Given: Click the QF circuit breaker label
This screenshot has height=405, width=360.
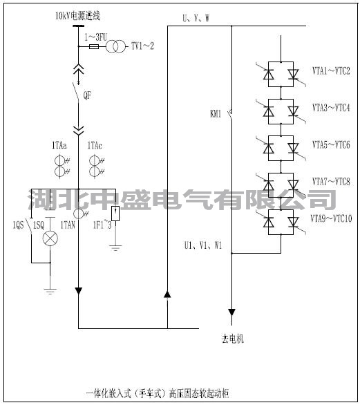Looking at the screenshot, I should click(x=88, y=97).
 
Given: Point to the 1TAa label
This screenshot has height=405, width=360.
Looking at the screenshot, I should click(x=59, y=147).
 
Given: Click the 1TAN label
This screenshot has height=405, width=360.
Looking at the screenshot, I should click(x=68, y=226).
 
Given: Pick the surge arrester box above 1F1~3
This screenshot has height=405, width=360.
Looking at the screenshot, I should click(x=115, y=214).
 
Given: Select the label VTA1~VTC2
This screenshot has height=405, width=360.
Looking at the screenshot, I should click(x=331, y=70).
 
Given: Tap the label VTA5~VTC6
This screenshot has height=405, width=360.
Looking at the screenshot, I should click(x=331, y=144).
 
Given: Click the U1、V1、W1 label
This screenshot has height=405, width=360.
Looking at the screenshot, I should click(x=204, y=245).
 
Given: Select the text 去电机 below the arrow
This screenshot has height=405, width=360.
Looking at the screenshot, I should click(x=232, y=339).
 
